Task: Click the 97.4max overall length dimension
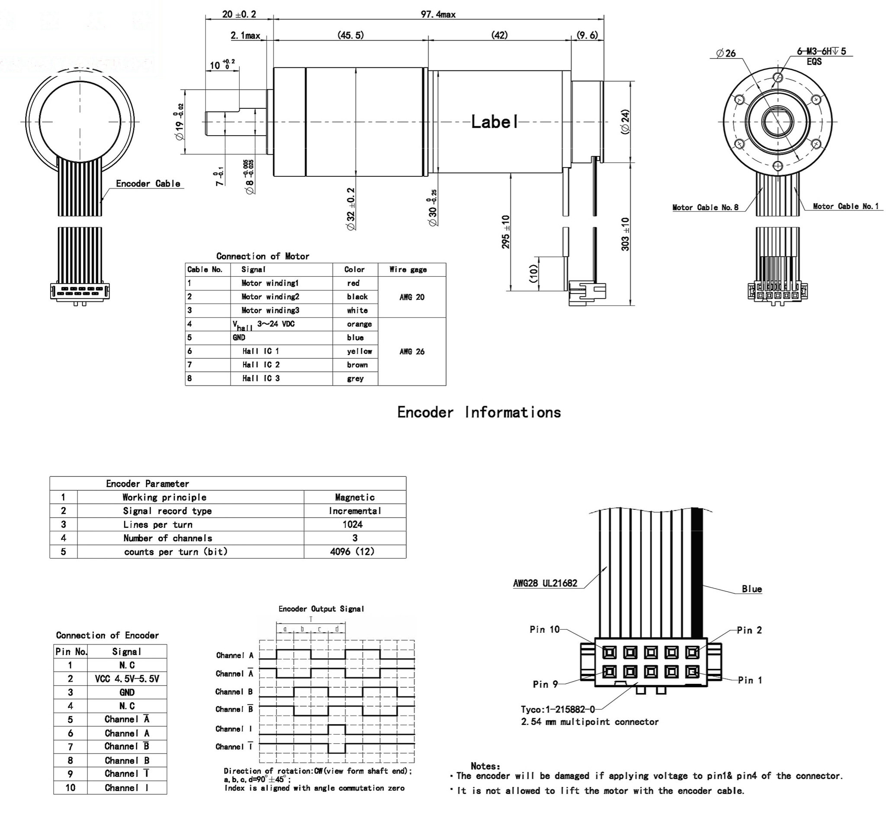(x=437, y=15)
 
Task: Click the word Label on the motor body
(x=494, y=122)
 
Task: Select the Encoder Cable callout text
(x=148, y=184)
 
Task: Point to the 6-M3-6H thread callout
(x=821, y=52)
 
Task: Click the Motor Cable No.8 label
(x=705, y=207)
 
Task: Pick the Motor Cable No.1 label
(x=845, y=206)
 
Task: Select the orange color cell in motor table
(x=359, y=324)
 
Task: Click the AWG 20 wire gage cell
(x=412, y=298)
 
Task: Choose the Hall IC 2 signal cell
(x=261, y=365)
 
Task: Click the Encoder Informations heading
(x=478, y=412)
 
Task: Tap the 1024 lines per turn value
(x=353, y=524)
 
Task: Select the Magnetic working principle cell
(x=355, y=497)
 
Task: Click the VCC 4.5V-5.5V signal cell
(x=127, y=679)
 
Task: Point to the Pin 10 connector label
(x=544, y=629)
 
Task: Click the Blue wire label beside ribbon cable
(x=751, y=589)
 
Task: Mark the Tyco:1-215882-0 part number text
(x=558, y=709)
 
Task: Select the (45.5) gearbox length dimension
(x=350, y=35)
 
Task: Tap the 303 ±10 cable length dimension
(x=625, y=234)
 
